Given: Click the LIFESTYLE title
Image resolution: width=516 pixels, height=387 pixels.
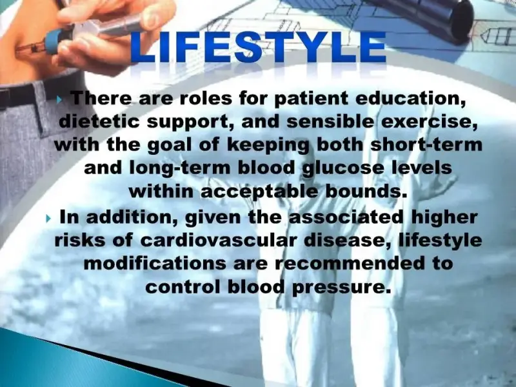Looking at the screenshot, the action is (259, 47).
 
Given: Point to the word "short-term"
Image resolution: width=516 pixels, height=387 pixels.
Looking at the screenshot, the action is (426, 144).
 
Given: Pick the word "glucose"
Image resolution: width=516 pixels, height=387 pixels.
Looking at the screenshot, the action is (343, 168).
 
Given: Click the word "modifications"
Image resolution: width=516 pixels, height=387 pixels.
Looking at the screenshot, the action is (155, 263).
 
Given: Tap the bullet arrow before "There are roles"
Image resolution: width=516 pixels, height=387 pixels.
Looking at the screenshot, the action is (60, 100).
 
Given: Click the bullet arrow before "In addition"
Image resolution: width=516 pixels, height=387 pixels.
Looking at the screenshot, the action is (49, 218).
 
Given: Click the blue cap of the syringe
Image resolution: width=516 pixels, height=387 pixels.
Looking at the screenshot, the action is (53, 41).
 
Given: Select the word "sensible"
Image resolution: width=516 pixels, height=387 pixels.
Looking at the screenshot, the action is (330, 121).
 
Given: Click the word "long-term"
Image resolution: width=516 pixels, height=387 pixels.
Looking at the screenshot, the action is (180, 168).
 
